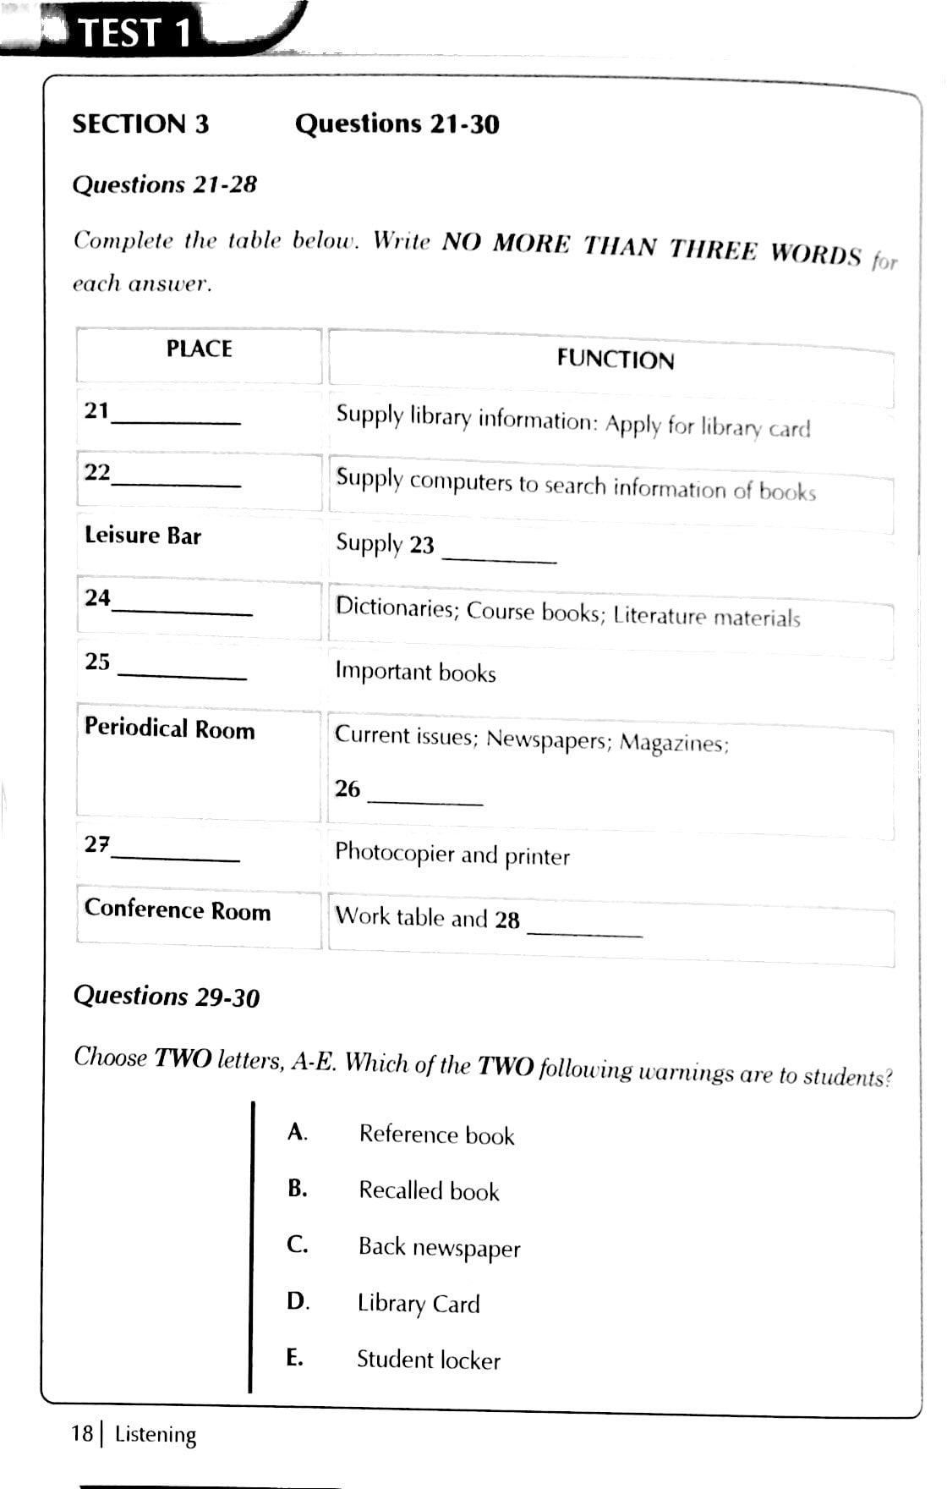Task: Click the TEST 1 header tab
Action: click(135, 32)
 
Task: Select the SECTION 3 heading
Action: click(140, 124)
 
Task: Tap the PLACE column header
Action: click(199, 349)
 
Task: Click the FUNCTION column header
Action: click(615, 360)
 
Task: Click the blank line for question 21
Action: click(176, 420)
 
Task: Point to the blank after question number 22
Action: click(176, 483)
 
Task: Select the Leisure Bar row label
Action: click(143, 536)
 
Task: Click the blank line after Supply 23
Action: click(499, 558)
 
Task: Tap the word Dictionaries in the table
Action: click(395, 607)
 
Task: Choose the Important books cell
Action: click(415, 672)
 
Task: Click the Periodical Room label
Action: click(169, 728)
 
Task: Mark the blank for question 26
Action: click(425, 799)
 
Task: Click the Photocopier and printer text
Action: click(452, 854)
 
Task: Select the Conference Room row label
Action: click(178, 909)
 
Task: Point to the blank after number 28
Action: click(584, 931)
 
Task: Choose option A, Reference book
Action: click(436, 1135)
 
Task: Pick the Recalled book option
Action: click(429, 1191)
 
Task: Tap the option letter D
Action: click(297, 1300)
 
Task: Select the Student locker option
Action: click(428, 1360)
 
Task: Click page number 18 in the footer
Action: click(82, 1433)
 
